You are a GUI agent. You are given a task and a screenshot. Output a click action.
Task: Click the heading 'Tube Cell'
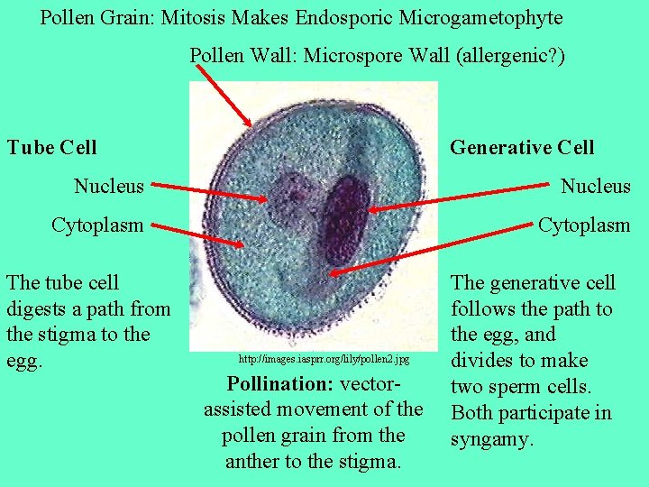pyautogui.click(x=51, y=147)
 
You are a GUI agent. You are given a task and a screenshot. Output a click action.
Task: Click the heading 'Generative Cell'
pyautogui.click(x=522, y=147)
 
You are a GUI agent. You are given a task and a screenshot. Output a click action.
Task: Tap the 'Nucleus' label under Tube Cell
pyautogui.click(x=108, y=186)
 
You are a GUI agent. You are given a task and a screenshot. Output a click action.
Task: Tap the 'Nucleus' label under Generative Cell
pyautogui.click(x=595, y=186)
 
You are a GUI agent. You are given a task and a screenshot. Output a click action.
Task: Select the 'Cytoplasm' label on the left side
pyautogui.click(x=97, y=225)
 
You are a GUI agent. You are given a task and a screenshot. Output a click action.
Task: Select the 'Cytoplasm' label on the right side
pyautogui.click(x=584, y=225)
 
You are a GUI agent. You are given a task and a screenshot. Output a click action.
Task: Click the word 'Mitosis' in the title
pyautogui.click(x=195, y=18)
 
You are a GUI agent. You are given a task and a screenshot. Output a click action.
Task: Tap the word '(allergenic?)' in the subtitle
pyautogui.click(x=511, y=56)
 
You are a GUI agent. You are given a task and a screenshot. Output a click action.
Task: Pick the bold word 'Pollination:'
pyautogui.click(x=280, y=383)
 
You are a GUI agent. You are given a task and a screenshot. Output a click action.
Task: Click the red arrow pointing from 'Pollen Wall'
pyautogui.click(x=224, y=96)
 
